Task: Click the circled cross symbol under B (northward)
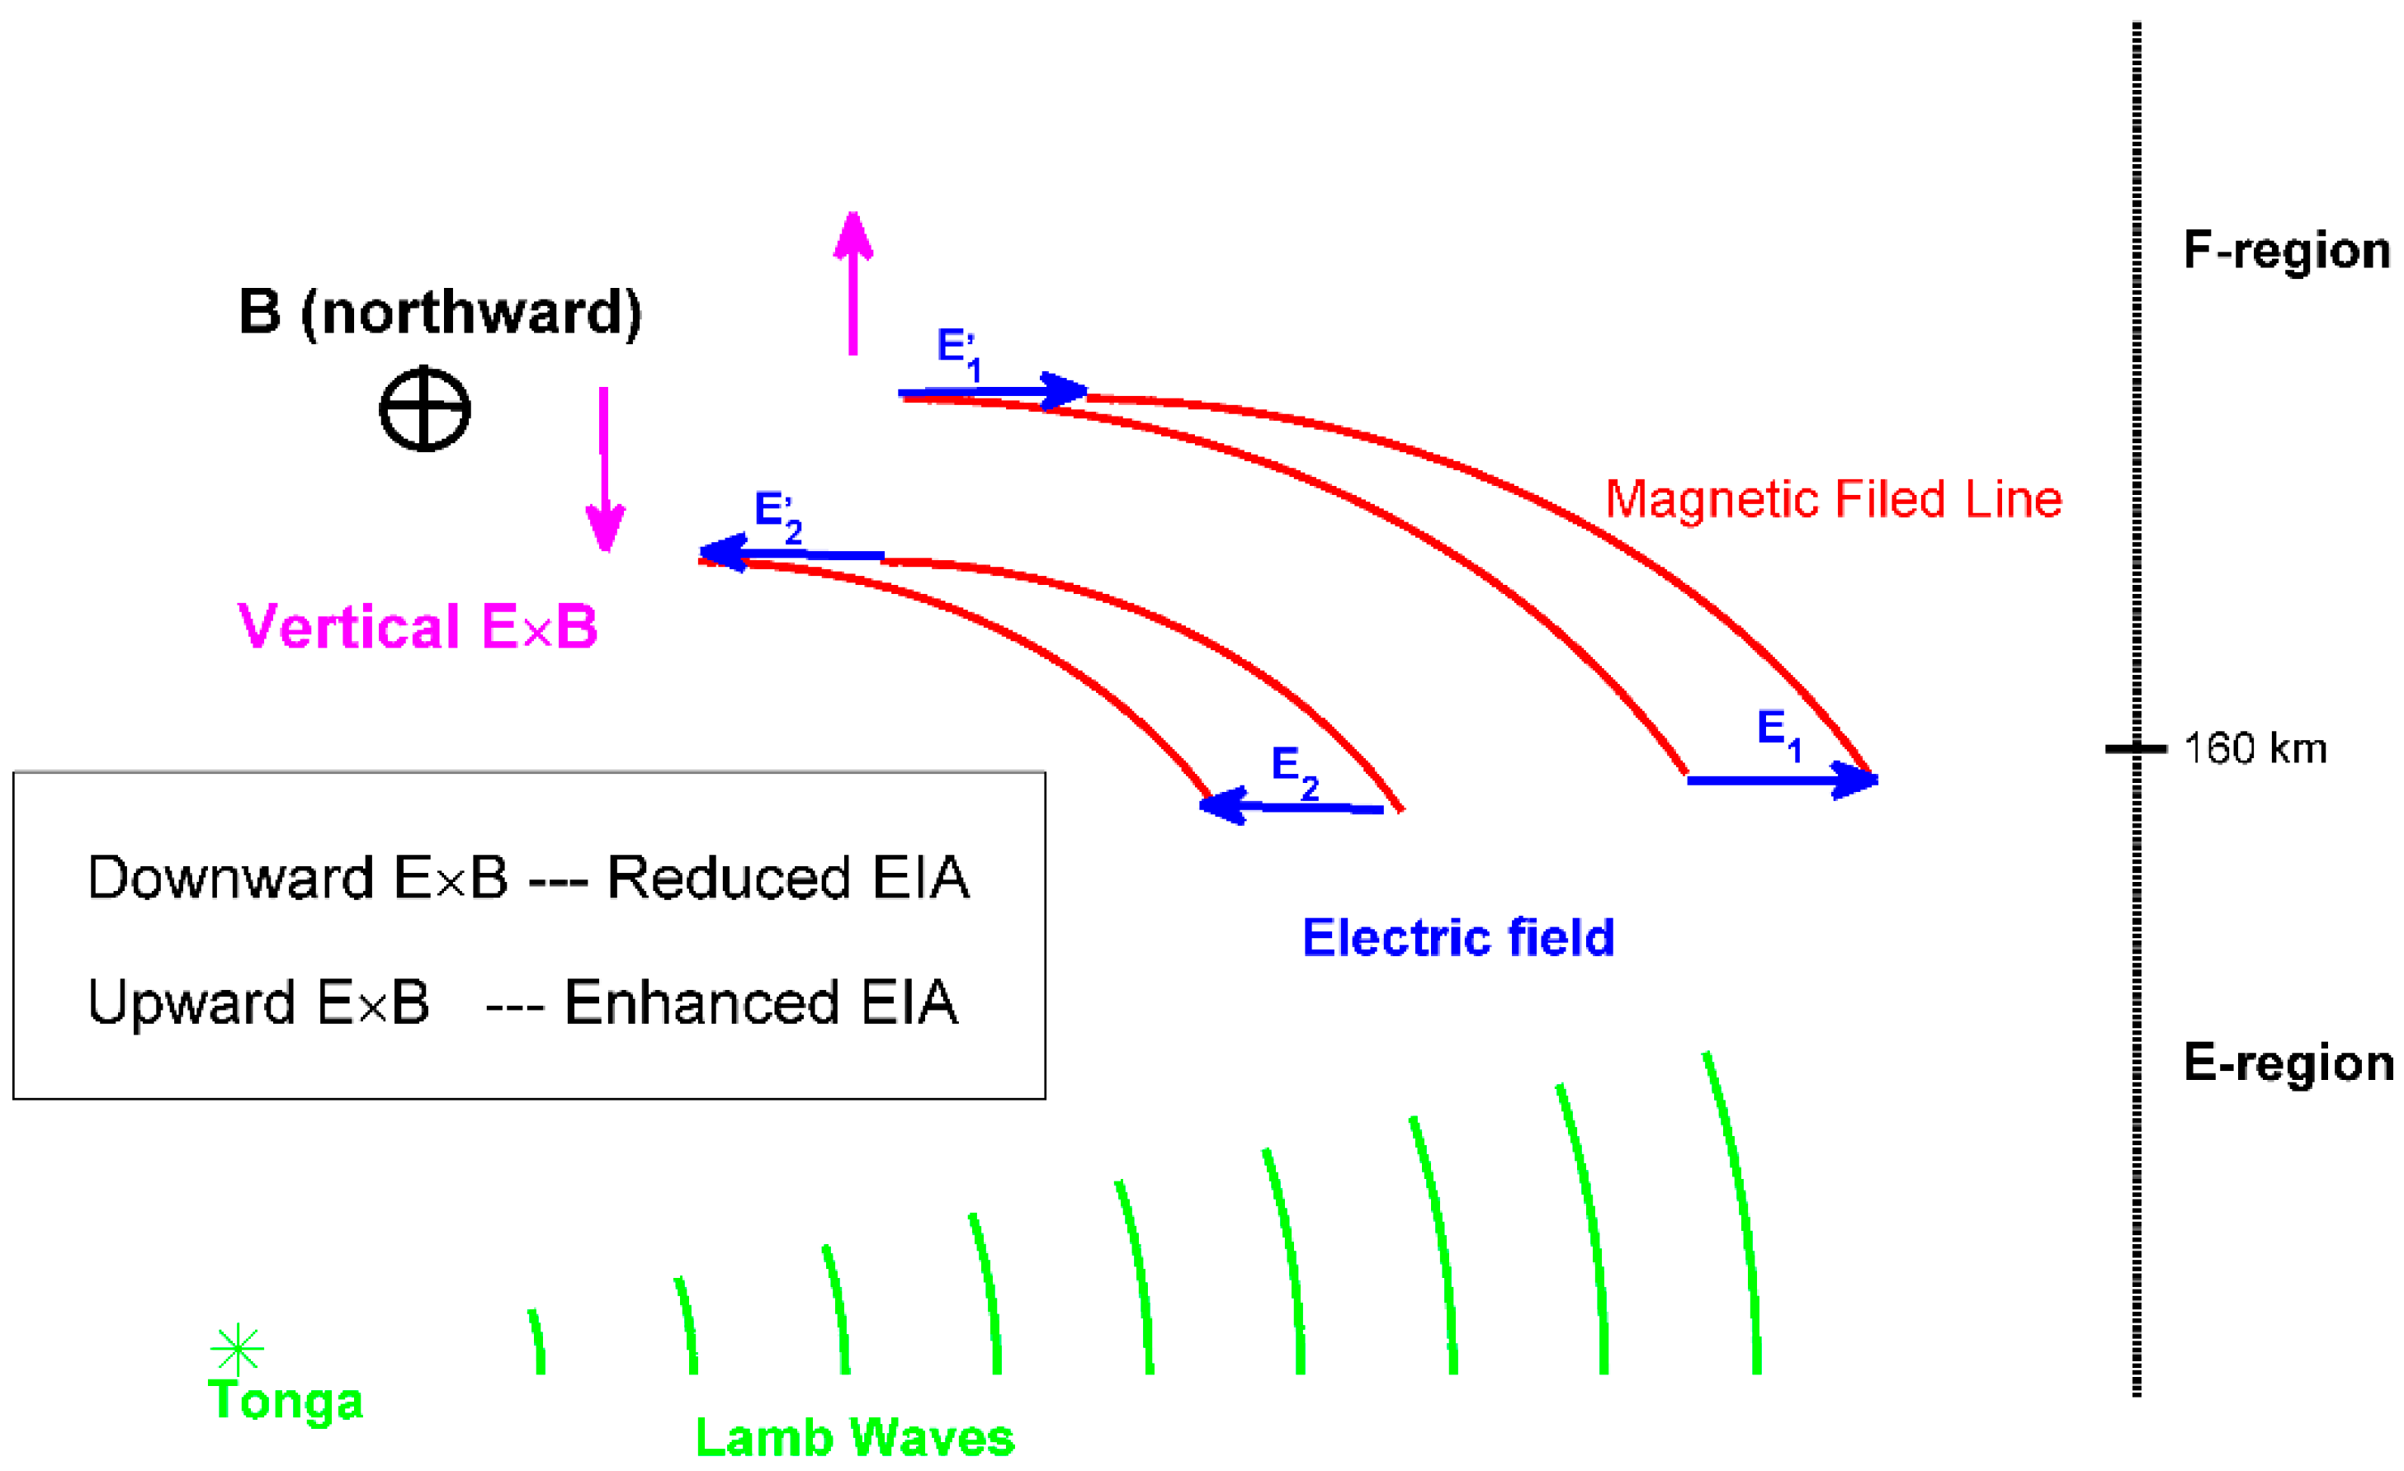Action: [424, 408]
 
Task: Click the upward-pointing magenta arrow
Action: [852, 283]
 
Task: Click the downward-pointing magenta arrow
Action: [604, 469]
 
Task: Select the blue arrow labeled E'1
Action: [991, 392]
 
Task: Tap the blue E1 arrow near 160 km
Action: [1782, 780]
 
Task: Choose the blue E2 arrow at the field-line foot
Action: [1292, 807]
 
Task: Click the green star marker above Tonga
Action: [237, 1350]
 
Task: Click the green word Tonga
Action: [286, 1401]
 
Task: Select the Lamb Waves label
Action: [855, 1438]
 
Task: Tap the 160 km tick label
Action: [2255, 749]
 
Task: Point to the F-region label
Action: [2286, 251]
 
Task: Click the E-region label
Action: [2286, 1063]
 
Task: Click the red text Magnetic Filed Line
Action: [1833, 499]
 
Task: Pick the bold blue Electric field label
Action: [1458, 937]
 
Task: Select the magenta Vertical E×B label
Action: [417, 626]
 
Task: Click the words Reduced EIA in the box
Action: [787, 877]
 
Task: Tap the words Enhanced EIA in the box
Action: [761, 1002]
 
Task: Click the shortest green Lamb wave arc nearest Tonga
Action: [537, 1342]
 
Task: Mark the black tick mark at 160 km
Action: [2136, 749]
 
